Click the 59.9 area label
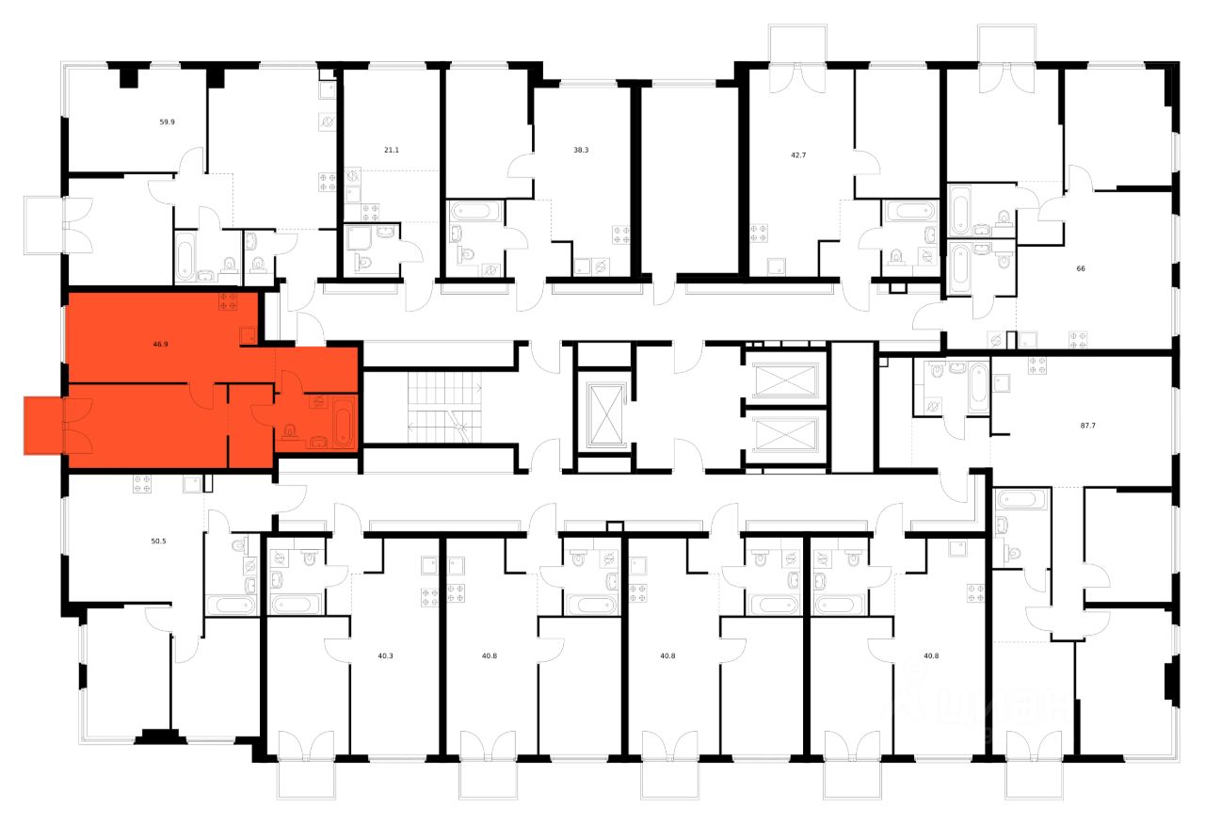pos(166,121)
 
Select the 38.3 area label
pos(581,150)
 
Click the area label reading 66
pos(1081,268)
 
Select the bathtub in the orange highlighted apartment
pos(343,424)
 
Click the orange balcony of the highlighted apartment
pos(43,426)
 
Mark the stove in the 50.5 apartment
pos(143,484)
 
